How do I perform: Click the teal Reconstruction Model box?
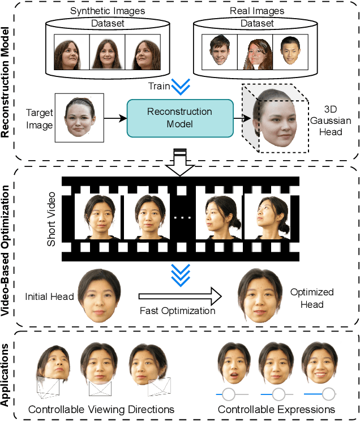click(179, 118)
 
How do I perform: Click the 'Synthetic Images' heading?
click(107, 11)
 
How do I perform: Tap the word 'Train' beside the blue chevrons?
click(158, 87)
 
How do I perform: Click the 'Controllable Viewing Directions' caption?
click(101, 409)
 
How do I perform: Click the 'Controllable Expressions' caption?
click(277, 409)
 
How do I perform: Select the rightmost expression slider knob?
click(328, 393)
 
